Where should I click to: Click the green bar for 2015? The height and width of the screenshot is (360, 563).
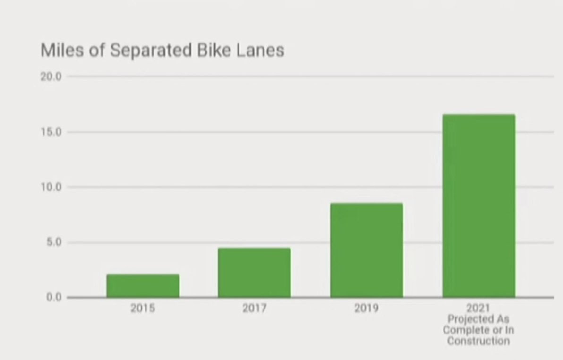point(143,286)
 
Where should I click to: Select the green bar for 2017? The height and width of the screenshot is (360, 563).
point(254,273)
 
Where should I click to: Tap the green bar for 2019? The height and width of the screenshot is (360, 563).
point(367,250)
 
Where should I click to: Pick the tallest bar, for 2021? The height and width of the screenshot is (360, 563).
point(478,206)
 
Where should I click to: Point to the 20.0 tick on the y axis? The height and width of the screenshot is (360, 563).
point(51,77)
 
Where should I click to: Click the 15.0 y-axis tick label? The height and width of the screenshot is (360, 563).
point(51,132)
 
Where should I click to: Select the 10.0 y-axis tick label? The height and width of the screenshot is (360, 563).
point(51,187)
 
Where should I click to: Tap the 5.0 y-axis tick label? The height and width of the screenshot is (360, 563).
point(53,242)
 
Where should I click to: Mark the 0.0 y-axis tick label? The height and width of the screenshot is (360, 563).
point(53,298)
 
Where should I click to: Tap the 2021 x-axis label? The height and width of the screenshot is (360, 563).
point(478,309)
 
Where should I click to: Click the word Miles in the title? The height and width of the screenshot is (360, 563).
point(59,50)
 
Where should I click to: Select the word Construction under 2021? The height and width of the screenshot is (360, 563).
point(478,341)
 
